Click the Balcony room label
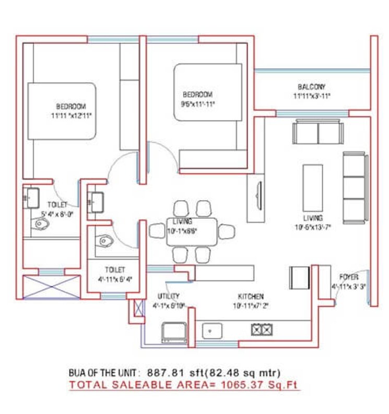pos(312,87)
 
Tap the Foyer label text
pos(348,277)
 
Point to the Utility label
pos(163,296)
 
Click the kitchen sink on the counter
pos(212,330)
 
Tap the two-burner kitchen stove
pos(262,330)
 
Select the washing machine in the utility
pos(173,332)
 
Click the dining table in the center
pos(184,230)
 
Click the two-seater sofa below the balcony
pos(318,132)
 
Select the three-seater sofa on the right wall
pos(354,186)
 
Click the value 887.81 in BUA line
pos(161,373)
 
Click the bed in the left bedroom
pos(62,111)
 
